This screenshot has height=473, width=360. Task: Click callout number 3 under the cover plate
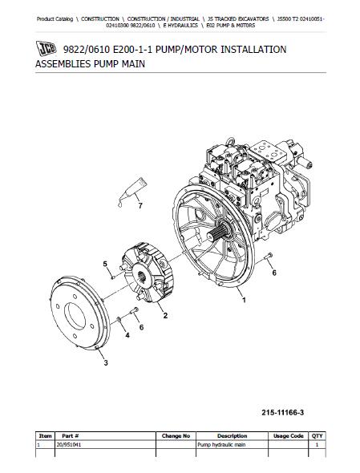104,362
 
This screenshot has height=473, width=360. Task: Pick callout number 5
104,263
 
